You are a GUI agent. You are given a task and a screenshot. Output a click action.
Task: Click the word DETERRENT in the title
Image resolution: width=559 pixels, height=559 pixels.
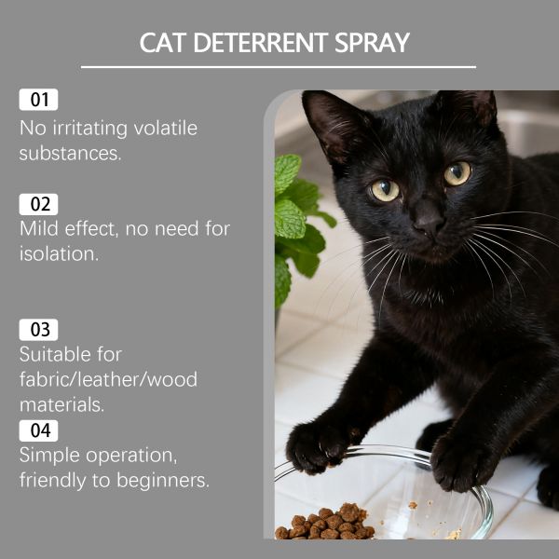(260, 43)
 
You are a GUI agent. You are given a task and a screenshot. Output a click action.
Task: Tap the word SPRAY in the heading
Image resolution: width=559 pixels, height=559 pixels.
(372, 43)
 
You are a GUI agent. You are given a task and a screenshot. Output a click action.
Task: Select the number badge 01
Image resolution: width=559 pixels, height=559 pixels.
(38, 100)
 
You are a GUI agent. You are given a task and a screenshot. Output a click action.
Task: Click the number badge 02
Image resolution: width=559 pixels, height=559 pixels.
(38, 204)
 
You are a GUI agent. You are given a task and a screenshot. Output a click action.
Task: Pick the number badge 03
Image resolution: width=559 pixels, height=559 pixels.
(38, 330)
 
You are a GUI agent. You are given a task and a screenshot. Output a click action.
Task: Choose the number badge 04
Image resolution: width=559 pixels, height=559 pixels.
(38, 430)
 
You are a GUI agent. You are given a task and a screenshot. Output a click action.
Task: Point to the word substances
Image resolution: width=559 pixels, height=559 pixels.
(70, 154)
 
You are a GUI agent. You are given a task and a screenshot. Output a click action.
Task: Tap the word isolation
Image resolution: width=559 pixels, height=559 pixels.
(59, 253)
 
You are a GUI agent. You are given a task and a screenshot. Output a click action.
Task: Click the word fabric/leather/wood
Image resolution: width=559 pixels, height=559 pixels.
(108, 379)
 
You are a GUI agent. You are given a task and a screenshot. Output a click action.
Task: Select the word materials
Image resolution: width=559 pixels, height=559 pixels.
(61, 405)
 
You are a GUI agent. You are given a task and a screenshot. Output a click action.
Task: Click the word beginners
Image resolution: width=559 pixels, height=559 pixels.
(163, 481)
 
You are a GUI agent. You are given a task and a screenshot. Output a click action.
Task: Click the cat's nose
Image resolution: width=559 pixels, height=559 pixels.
(429, 221)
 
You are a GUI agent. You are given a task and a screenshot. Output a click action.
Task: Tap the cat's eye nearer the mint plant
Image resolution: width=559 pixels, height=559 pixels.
(385, 190)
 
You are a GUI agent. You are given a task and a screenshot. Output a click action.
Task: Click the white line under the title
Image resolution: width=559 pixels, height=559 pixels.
(279, 67)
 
